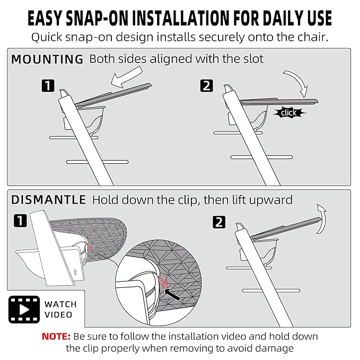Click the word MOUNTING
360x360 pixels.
47,59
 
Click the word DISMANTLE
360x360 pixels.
48,200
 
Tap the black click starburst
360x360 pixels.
289,113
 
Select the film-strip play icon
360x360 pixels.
24,310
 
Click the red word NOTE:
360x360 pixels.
56,336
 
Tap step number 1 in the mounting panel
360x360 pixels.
48,86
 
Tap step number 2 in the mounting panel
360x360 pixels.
206,86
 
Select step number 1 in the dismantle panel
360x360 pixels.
20,221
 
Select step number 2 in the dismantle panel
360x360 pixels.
219,222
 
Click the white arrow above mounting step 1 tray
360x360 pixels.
126,78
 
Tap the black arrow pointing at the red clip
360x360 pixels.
173,295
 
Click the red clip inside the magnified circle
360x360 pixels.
163,282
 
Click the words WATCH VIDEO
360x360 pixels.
60,310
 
